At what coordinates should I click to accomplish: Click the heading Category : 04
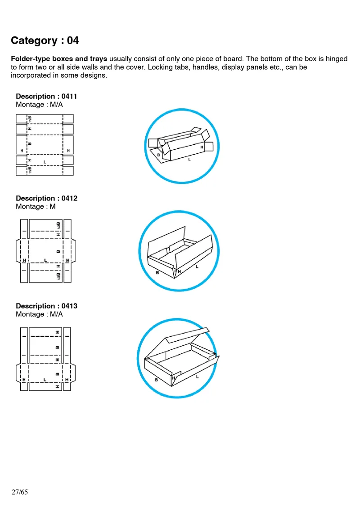point(45,40)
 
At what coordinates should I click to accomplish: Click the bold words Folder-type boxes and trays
point(58,59)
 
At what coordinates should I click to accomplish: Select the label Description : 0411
point(46,96)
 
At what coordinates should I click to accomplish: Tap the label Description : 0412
point(46,198)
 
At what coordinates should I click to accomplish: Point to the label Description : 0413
point(46,306)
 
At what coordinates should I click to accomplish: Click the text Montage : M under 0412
point(36,206)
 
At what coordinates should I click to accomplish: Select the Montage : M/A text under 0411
point(39,104)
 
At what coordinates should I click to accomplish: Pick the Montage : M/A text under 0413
point(39,314)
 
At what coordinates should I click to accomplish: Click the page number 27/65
point(19,492)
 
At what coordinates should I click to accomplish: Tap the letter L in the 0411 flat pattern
point(45,161)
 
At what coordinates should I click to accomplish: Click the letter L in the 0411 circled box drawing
point(189,159)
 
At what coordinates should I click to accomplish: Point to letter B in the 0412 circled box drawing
point(157,272)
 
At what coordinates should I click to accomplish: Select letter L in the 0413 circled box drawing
point(197,377)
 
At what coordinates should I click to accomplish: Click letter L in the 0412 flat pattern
point(45,260)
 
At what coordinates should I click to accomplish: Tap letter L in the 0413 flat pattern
point(45,380)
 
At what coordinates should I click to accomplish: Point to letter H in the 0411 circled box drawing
point(202,147)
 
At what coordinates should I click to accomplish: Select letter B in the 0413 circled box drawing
point(156,380)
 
